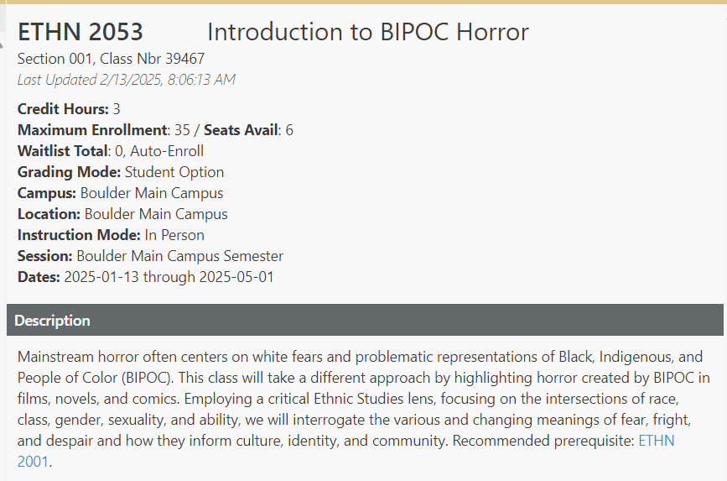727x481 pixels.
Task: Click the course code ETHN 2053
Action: [x=80, y=32]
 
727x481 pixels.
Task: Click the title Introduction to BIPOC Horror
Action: [x=367, y=32]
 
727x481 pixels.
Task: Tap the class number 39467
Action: [x=185, y=59]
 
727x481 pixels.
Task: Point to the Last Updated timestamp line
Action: [x=127, y=80]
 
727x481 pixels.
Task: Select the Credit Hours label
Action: [x=63, y=109]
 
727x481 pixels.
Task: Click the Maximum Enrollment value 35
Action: [x=182, y=130]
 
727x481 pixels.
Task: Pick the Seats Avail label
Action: [x=241, y=130]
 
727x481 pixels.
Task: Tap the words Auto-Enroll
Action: [x=167, y=151]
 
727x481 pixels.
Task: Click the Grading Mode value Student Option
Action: [x=174, y=172]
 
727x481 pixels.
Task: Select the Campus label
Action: [x=47, y=193]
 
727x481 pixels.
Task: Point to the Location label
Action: [x=49, y=214]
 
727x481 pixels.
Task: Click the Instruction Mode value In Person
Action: [x=174, y=235]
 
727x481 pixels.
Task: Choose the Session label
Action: [x=45, y=256]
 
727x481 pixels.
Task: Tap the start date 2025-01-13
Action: [x=101, y=277]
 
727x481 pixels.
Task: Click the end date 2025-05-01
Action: [x=236, y=277]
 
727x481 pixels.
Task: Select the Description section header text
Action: [x=52, y=321]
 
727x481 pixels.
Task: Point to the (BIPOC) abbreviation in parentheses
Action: [x=148, y=378]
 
